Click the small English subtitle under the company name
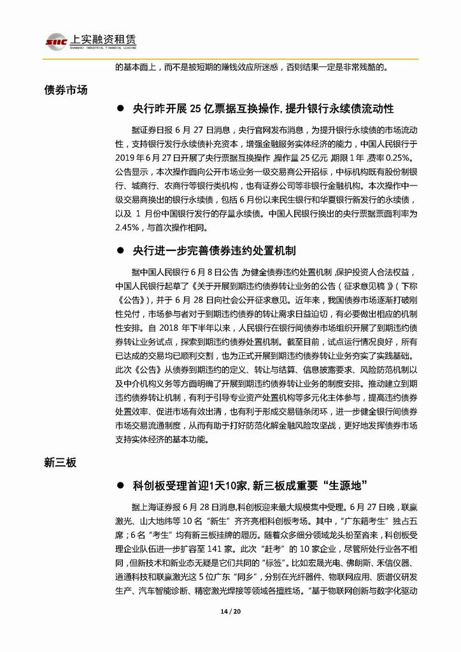point(103,48)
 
